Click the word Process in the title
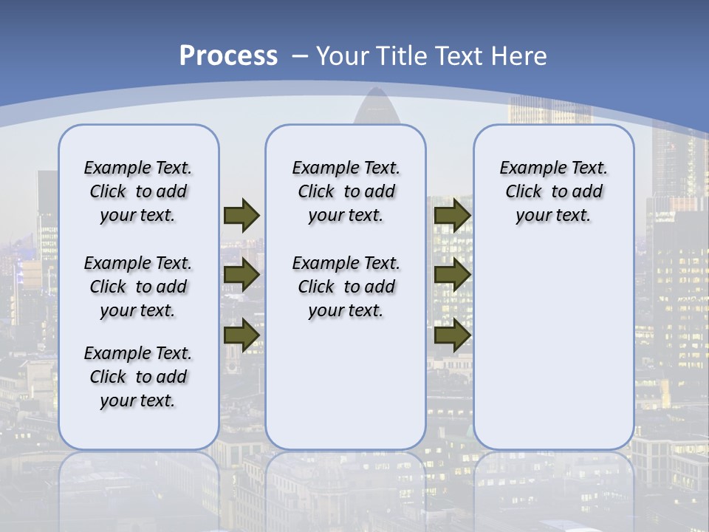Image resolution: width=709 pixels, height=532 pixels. [228, 56]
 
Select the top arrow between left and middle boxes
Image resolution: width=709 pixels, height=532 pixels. [241, 215]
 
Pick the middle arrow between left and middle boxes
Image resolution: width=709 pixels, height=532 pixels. [241, 275]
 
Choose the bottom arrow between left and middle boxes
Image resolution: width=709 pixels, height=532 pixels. [241, 335]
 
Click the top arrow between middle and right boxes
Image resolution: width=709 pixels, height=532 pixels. [452, 215]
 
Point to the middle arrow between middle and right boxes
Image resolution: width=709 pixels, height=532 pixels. [452, 275]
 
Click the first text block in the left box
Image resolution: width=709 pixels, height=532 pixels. [138, 191]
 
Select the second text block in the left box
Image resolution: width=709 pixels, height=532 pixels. [138, 287]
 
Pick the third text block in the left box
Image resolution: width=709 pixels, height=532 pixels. [138, 377]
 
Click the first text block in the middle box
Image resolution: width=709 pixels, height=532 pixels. [346, 191]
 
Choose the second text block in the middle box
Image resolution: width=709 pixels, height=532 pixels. [346, 287]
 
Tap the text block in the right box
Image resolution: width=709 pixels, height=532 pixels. [553, 191]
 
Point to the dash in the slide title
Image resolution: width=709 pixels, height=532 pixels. [299, 56]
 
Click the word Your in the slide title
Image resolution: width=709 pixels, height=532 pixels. [342, 56]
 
